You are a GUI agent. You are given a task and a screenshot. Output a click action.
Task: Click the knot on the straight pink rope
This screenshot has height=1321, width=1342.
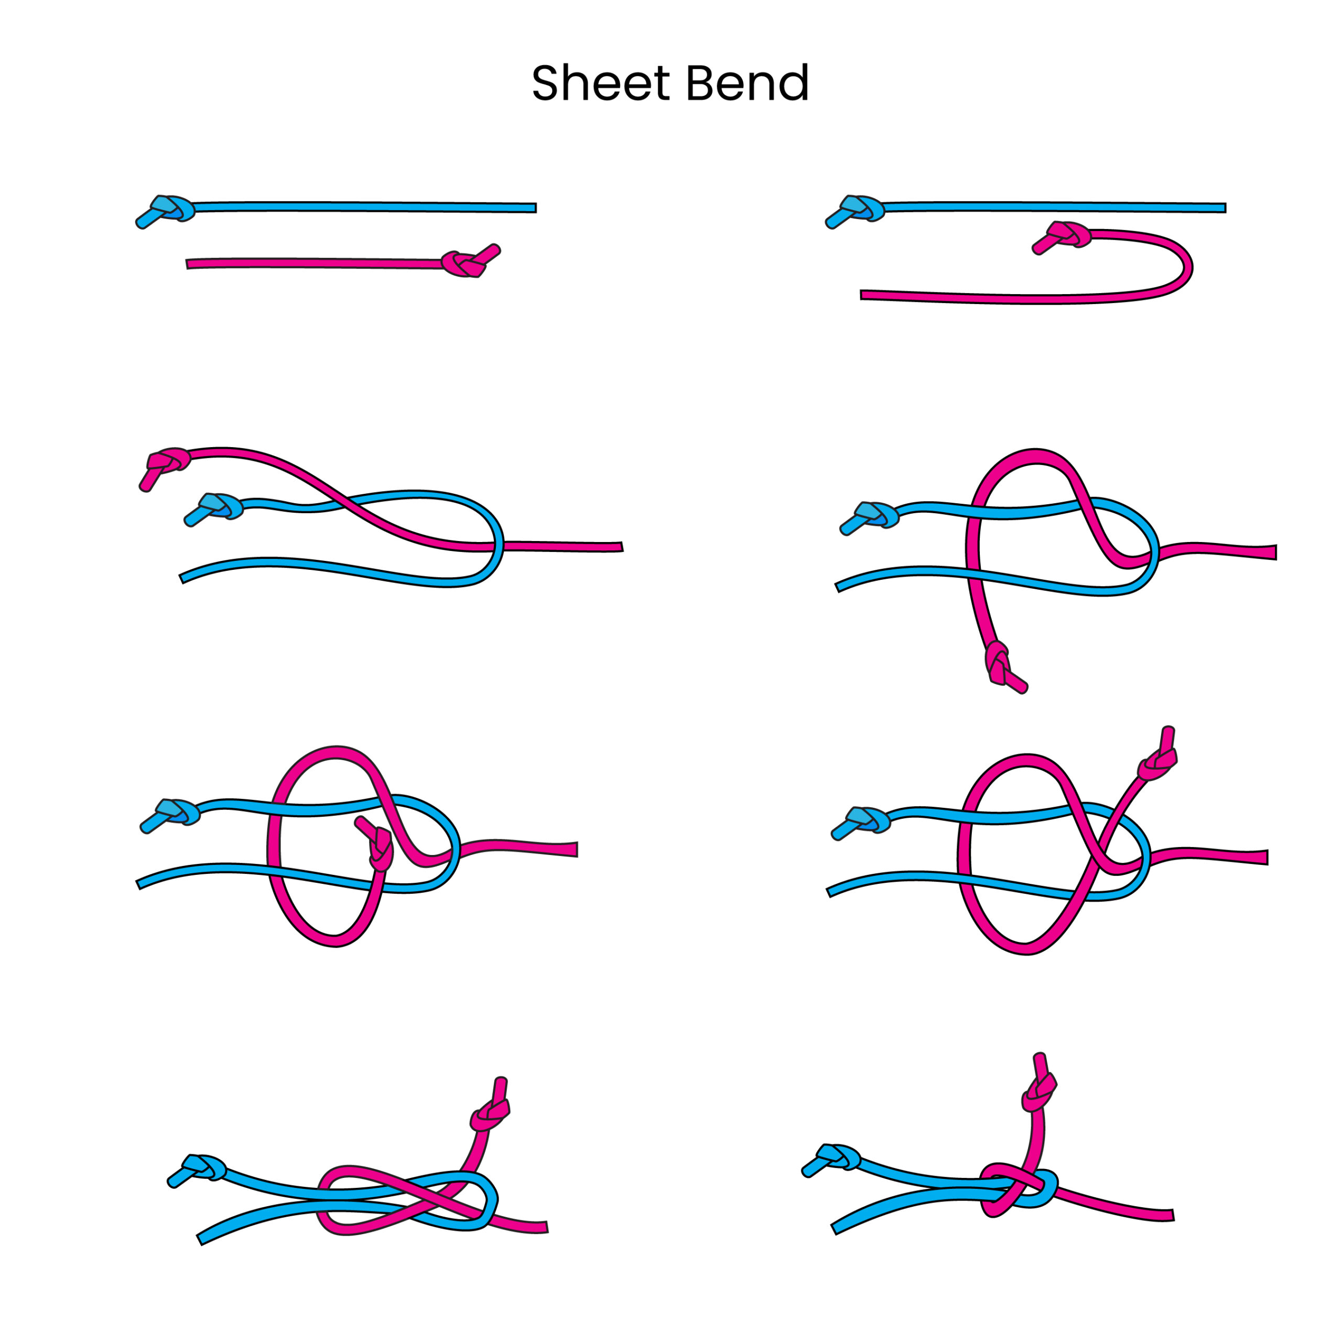(463, 264)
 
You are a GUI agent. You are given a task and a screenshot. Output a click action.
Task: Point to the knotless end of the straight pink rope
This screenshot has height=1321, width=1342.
(189, 264)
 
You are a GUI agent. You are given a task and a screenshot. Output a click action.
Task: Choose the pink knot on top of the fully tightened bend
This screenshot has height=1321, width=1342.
(1037, 1096)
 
